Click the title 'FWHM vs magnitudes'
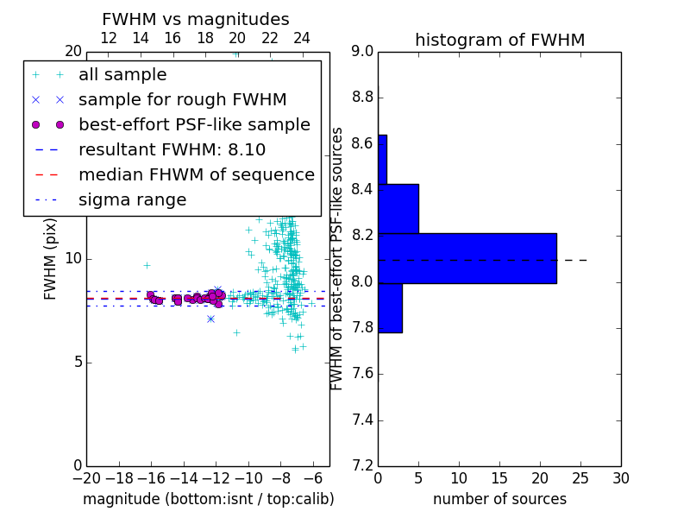coord(196,19)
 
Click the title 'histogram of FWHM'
coord(500,40)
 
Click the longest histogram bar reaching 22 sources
coord(467,258)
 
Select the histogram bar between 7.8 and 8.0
coord(391,308)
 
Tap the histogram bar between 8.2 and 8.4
coord(398,209)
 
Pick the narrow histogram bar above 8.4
coord(382,160)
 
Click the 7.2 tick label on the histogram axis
coord(362,465)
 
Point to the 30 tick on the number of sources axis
coord(621,478)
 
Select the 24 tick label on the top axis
coord(301,38)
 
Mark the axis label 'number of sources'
coord(500,499)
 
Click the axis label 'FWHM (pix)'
coord(50,260)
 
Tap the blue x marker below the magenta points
coord(210,319)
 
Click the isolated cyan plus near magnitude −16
coord(147,266)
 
